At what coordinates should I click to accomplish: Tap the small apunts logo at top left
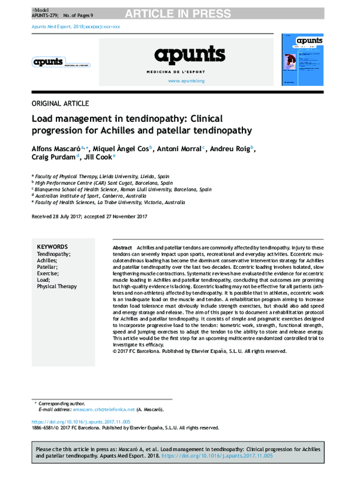(x=49, y=61)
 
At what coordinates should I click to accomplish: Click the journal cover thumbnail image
(x=303, y=61)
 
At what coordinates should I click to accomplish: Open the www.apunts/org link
(x=187, y=80)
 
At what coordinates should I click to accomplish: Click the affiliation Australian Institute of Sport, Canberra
(x=91, y=196)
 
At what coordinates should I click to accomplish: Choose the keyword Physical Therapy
(x=57, y=287)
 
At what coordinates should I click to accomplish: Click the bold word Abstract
(x=122, y=248)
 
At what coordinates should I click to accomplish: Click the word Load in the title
(x=44, y=119)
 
